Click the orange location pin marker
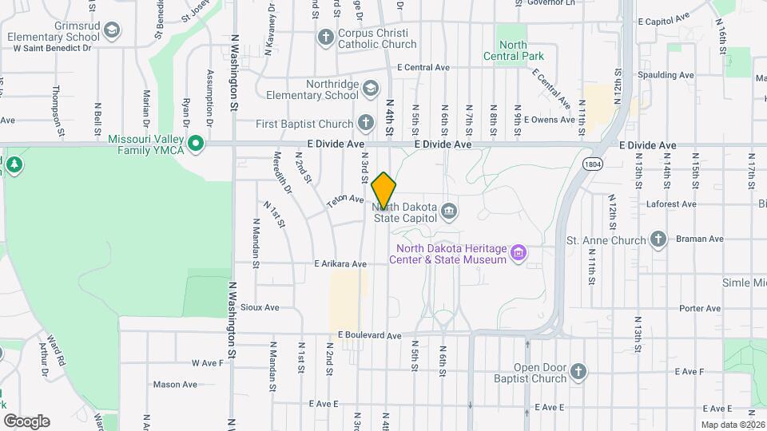pos(383,190)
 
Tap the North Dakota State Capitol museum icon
pos(449,211)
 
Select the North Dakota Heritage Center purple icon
pos(519,253)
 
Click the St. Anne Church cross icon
pos(658,239)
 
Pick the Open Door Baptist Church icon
pos(578,371)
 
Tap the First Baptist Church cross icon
pos(365,123)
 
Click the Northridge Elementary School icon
pos(370,89)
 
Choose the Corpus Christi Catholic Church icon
pos(325,38)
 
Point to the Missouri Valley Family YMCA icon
pos(194,144)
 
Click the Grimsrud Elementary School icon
pos(113,32)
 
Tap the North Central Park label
pos(513,56)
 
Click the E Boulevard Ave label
pos(369,336)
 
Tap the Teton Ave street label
pos(345,203)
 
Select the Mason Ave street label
pos(175,384)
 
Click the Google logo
pos(27,421)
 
